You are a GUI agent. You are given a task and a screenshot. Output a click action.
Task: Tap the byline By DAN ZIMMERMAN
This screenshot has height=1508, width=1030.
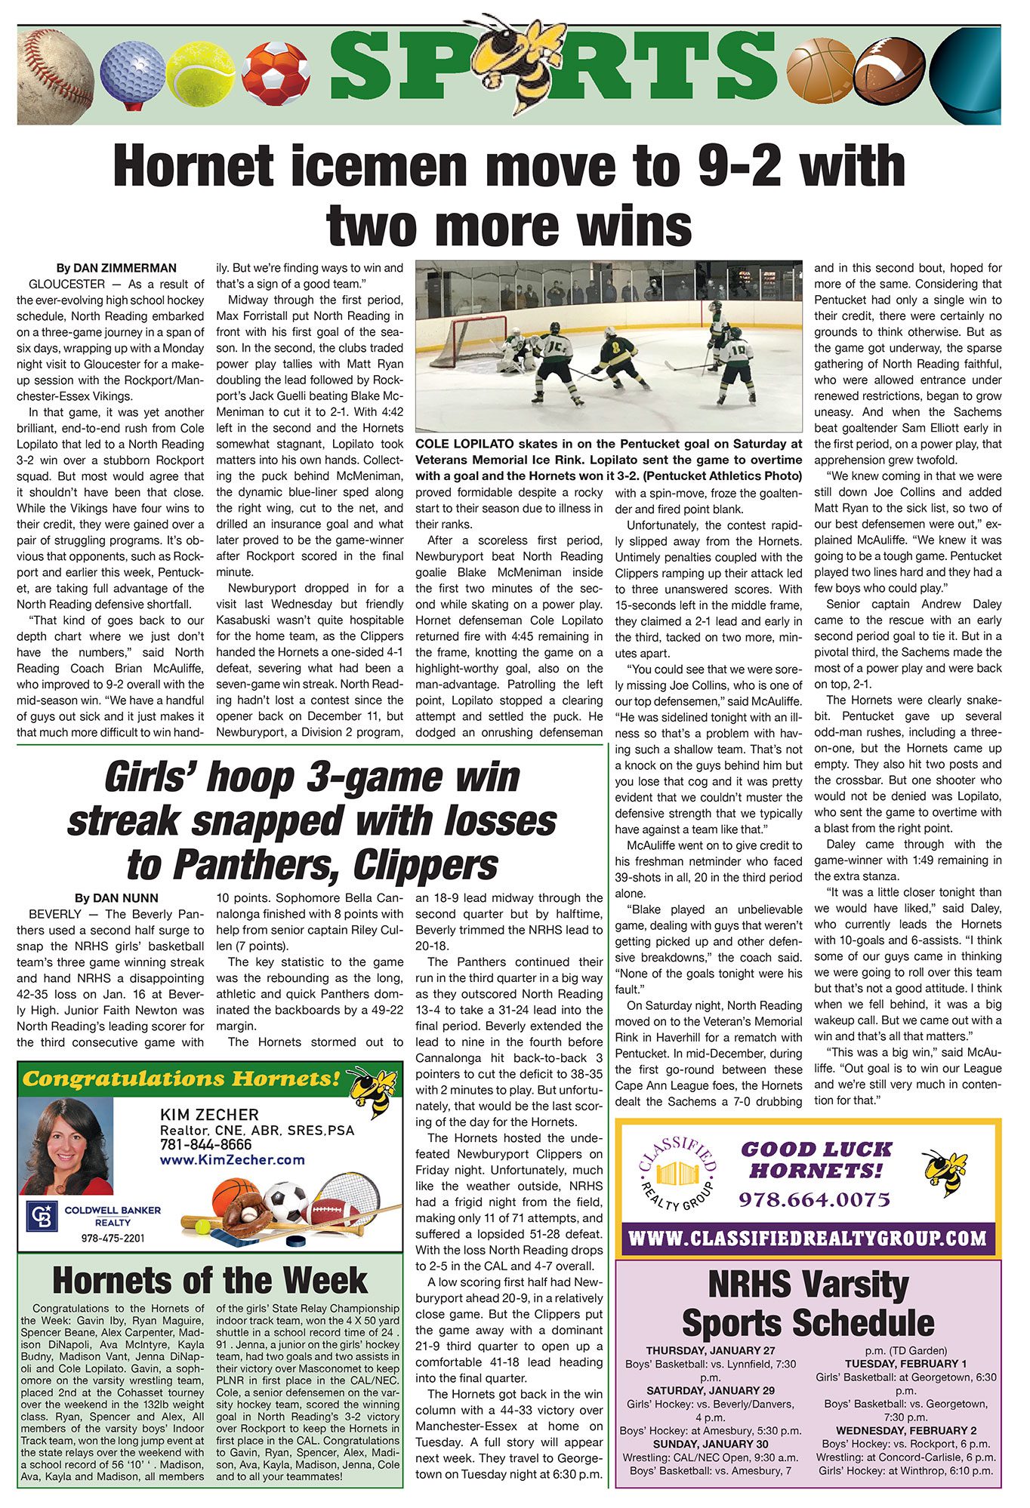[116, 268]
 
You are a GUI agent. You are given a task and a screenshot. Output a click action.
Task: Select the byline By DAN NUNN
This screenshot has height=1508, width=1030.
[116, 897]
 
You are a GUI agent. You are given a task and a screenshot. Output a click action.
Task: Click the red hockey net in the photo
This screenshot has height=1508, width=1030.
[476, 341]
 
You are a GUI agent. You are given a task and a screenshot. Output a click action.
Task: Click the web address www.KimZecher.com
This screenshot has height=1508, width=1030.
[233, 1159]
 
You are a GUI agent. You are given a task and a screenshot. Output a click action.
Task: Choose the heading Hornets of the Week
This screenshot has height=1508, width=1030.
[210, 1281]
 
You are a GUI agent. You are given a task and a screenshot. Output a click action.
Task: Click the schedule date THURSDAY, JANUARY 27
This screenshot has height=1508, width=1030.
[710, 1350]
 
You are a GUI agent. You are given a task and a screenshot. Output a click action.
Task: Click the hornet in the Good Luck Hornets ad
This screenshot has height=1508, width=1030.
[945, 1172]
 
